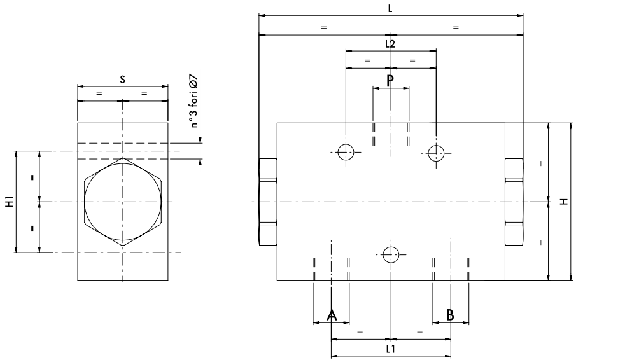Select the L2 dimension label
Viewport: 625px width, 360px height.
(x=390, y=43)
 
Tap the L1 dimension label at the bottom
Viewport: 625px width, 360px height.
(x=391, y=349)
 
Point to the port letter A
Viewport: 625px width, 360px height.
(x=331, y=315)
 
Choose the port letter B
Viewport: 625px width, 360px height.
(x=450, y=315)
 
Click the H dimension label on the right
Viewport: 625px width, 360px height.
(x=563, y=202)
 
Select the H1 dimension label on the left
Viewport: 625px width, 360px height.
(x=9, y=202)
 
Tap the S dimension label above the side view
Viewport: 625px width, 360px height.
(x=122, y=79)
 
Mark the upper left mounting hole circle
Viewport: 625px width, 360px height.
(x=345, y=152)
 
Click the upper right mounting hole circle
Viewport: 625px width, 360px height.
(x=435, y=152)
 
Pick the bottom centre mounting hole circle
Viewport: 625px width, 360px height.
(x=391, y=254)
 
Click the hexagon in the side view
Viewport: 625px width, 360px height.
(x=122, y=202)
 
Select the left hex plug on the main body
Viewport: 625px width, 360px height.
(x=267, y=202)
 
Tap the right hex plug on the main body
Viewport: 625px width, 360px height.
(x=514, y=202)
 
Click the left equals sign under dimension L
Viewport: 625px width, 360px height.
(x=324, y=27)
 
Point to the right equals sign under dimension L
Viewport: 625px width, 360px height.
(x=456, y=27)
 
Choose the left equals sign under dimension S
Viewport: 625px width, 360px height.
(x=99, y=93)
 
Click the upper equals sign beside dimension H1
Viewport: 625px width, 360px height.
(x=32, y=177)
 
